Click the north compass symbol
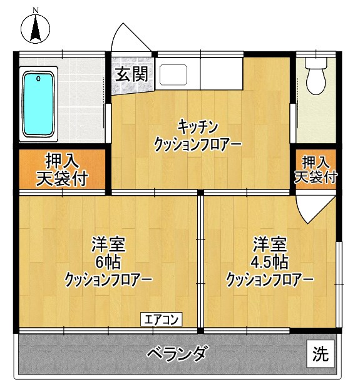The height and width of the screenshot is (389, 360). [x=36, y=29]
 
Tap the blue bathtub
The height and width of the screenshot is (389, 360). [x=39, y=104]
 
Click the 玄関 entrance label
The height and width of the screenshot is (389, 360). [x=131, y=74]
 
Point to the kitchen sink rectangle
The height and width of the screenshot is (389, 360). [x=177, y=75]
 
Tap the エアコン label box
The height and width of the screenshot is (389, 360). [x=160, y=320]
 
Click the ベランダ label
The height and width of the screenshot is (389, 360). [x=177, y=354]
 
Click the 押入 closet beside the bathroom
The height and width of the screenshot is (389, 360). [x=61, y=169]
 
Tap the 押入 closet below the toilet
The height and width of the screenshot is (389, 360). [x=316, y=169]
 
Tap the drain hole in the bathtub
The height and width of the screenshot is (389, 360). [x=39, y=79]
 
